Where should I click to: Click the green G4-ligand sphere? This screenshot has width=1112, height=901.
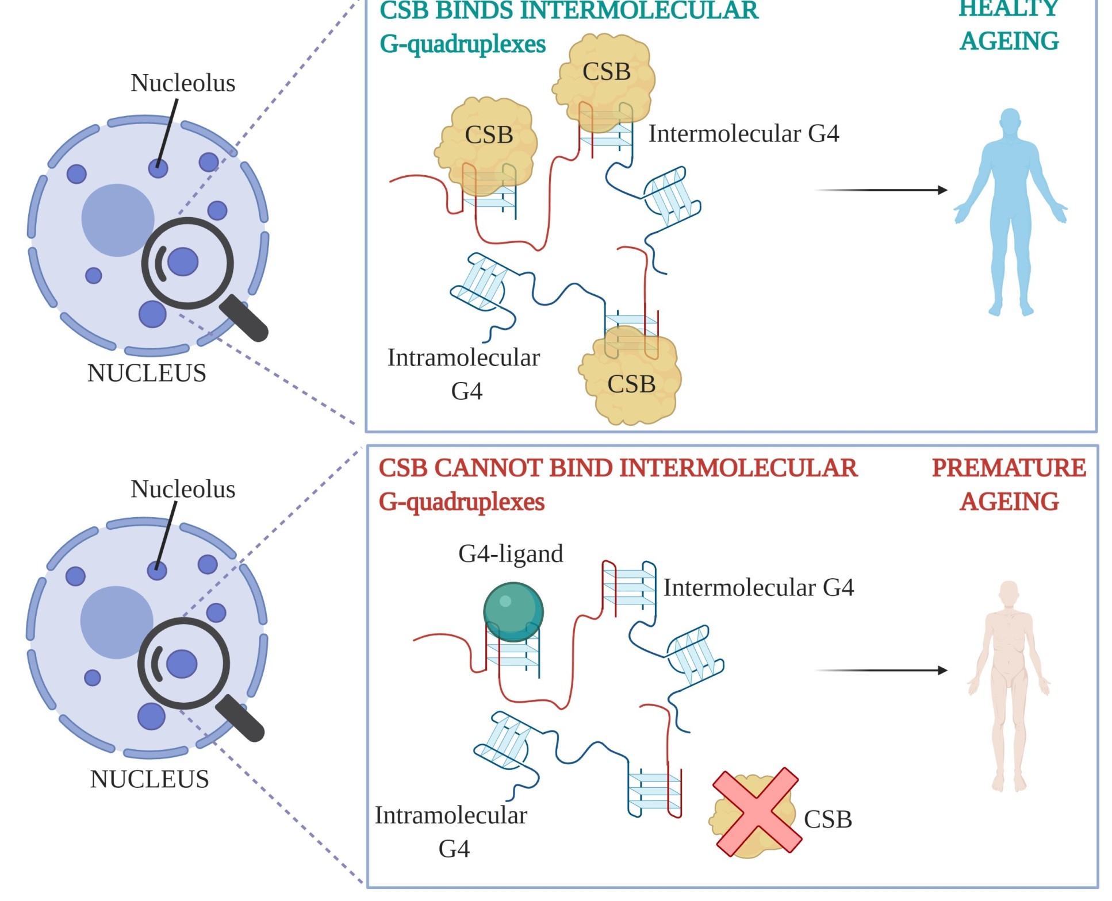513,611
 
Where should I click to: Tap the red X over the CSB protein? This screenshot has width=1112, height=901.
756,811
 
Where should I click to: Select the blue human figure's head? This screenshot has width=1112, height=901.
1010,121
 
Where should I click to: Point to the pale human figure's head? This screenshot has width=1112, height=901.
1009,594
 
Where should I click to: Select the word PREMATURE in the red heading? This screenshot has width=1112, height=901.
1009,468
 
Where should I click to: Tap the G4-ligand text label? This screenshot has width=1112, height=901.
511,553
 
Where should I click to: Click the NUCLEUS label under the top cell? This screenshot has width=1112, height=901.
147,373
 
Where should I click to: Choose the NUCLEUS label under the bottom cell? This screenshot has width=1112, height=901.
149,779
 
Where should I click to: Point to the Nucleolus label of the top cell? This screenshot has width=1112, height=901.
183,83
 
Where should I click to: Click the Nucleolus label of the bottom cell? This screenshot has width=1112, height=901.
183,489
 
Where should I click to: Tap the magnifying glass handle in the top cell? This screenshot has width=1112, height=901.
245,318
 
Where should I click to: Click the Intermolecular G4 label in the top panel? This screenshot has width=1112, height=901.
743,133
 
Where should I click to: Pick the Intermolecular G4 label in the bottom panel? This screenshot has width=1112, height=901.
758,587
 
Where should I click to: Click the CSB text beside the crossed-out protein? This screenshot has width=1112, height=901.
827,819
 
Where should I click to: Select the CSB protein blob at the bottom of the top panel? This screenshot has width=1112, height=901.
631,382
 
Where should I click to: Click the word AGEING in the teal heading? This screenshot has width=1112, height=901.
1009,41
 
